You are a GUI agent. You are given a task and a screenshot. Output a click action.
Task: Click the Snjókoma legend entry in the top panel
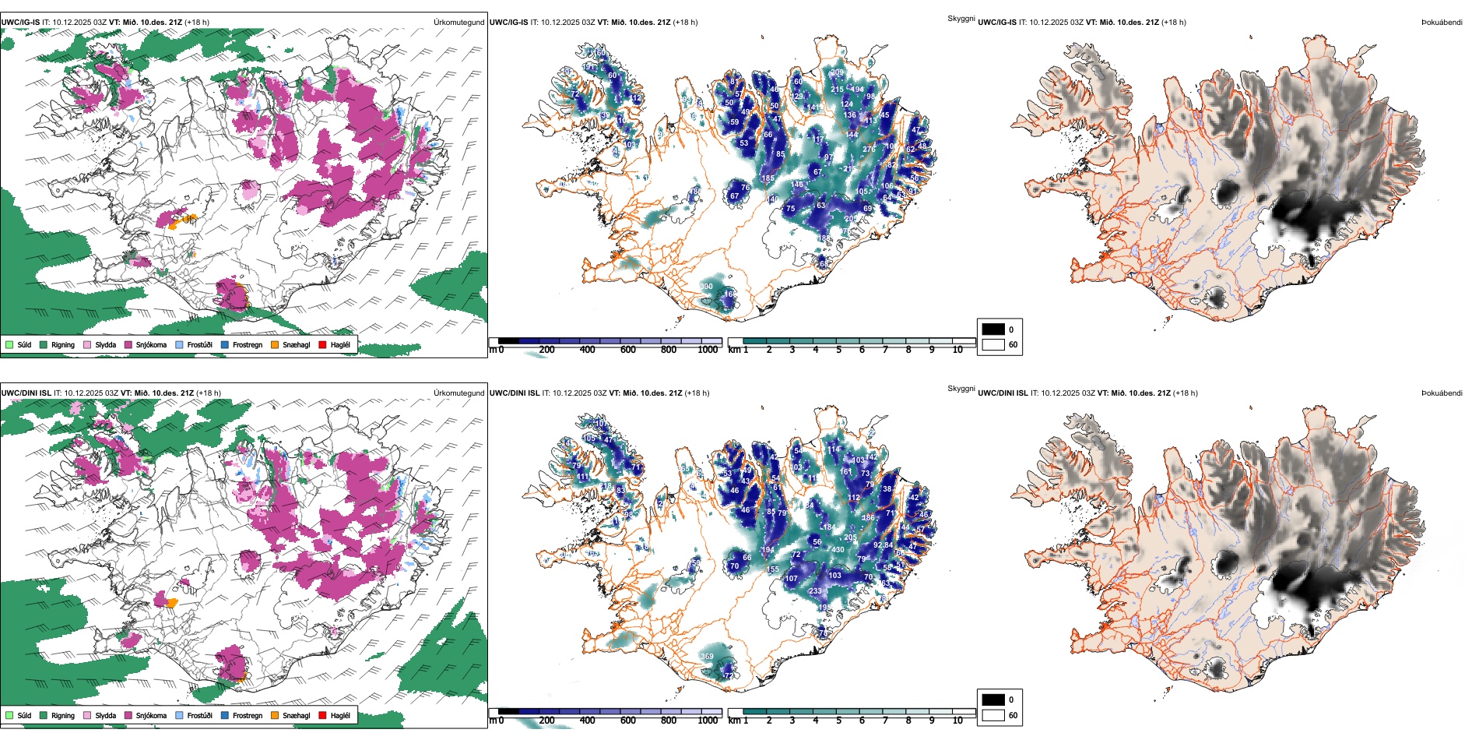151,344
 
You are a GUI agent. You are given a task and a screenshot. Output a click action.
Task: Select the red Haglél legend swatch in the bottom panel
322,715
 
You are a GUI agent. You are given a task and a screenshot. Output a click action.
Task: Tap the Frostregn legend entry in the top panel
247,344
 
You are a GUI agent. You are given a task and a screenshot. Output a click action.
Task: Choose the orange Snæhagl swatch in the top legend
275,344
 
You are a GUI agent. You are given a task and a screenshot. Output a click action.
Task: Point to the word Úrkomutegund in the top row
458,23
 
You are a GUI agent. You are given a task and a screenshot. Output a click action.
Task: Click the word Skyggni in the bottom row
961,389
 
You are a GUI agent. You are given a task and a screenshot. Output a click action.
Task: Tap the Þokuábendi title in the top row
1442,23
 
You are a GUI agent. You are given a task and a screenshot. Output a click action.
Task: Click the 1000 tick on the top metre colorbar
708,350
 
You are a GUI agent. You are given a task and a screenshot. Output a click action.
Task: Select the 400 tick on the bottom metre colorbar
588,721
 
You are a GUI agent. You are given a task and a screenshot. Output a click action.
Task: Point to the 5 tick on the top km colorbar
839,350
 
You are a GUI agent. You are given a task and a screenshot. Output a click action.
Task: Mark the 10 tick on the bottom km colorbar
957,721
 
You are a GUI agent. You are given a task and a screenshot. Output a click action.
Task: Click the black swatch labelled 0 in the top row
993,329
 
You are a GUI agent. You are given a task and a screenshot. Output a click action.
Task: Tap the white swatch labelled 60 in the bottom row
993,715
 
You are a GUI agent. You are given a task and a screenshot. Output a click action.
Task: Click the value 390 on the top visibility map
706,287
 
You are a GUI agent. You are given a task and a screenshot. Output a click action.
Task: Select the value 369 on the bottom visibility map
707,657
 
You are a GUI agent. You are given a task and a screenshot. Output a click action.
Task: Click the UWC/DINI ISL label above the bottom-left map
26,393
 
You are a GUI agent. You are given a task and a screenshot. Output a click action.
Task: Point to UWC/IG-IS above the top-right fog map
997,23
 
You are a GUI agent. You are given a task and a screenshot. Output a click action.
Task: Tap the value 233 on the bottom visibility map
815,591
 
